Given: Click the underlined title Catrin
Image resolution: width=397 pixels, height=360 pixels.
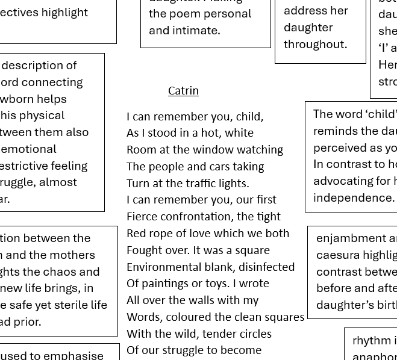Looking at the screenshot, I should [183, 90].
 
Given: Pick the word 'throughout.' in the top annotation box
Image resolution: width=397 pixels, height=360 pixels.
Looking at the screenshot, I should [315, 44].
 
